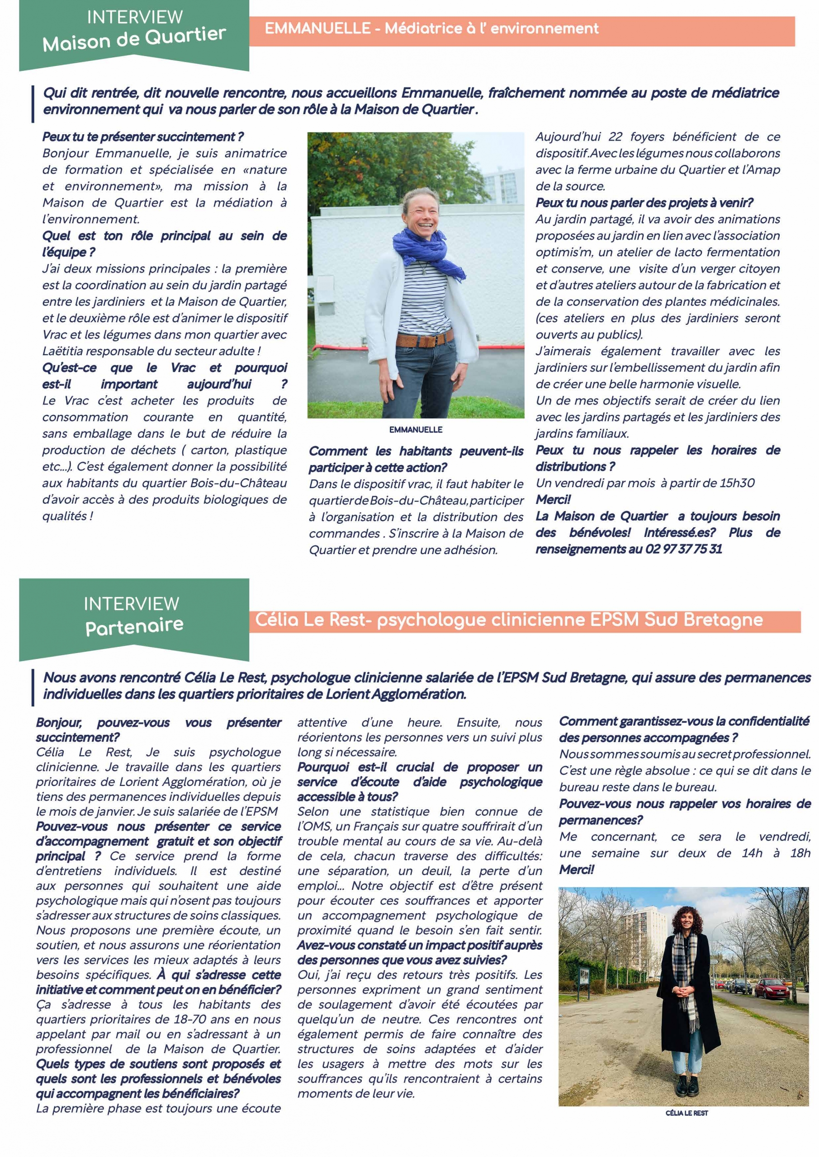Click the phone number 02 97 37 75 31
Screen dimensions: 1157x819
[x=683, y=549]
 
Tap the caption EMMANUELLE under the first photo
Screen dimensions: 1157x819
[x=416, y=429]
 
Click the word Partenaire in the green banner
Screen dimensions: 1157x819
[x=134, y=626]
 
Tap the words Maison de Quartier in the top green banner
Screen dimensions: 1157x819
[x=134, y=39]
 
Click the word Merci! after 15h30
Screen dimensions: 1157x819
[x=553, y=499]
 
